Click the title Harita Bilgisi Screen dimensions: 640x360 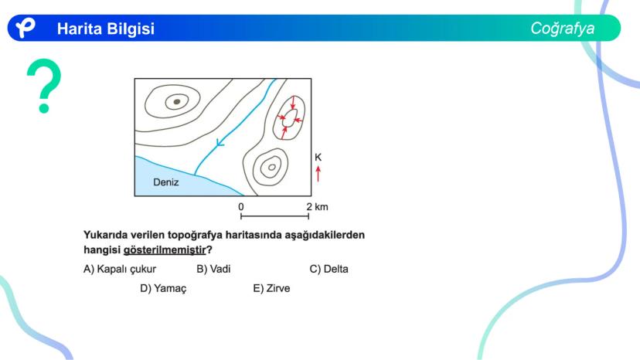click(106, 29)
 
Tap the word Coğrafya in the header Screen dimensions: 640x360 click(563, 29)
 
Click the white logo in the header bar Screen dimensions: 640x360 click(26, 28)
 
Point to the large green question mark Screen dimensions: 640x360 click(44, 86)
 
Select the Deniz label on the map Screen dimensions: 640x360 click(165, 182)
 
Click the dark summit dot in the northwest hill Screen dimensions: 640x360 click(177, 102)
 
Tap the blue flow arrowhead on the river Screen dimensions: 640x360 click(220, 142)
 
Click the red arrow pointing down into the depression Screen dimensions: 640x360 click(292, 103)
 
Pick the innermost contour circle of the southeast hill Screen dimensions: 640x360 click(271, 167)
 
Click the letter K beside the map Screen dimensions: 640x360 click(318, 157)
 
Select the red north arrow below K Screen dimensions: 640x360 click(318, 174)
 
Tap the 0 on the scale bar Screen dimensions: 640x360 click(241, 207)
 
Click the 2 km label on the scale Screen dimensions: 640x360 click(317, 207)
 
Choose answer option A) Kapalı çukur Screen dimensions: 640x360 click(120, 269)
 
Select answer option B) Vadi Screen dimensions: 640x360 click(213, 269)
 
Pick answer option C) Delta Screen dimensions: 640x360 click(329, 269)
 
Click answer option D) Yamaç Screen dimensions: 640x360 click(163, 289)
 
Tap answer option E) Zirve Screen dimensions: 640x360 click(271, 288)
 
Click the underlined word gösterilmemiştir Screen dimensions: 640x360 click(165, 250)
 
